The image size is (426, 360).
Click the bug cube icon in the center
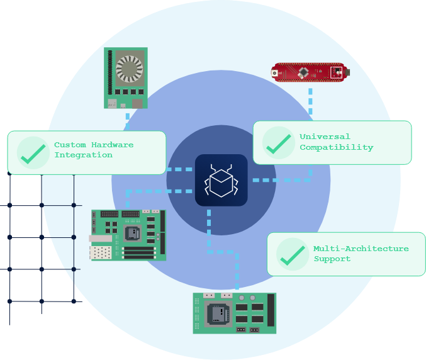tap(221, 180)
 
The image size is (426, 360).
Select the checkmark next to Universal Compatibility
tap(278, 142)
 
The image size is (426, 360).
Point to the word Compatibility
tap(336, 147)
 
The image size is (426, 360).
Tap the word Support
tap(332, 259)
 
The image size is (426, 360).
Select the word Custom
tap(70, 145)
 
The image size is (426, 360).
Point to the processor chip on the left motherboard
tap(133, 233)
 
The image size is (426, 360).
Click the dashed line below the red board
tap(310, 101)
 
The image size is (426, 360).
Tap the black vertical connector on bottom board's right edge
tap(271, 310)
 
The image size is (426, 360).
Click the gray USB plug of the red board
tap(345, 72)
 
